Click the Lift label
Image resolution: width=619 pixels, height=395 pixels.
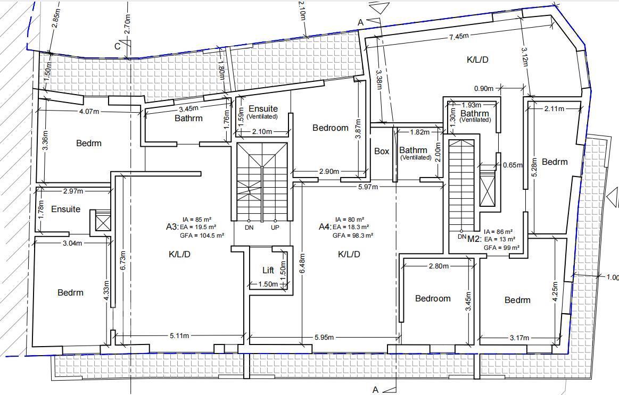pyautogui.click(x=268, y=270)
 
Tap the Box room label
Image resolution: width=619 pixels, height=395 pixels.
pyautogui.click(x=382, y=151)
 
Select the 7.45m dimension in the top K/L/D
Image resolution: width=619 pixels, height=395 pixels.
pyautogui.click(x=459, y=36)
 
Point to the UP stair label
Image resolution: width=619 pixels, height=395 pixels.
pyautogui.click(x=275, y=228)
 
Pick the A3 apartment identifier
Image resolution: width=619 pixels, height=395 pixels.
pyautogui.click(x=172, y=227)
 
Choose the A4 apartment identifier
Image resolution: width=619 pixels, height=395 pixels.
pyautogui.click(x=325, y=227)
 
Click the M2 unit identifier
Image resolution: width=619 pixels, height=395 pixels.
pyautogui.click(x=474, y=239)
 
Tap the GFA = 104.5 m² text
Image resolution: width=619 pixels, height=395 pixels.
pyautogui.click(x=202, y=236)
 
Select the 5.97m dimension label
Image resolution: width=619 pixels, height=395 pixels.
pyautogui.click(x=368, y=187)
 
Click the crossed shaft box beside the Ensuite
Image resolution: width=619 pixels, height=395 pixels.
pyautogui.click(x=103, y=222)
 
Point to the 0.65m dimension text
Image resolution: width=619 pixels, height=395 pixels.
pyautogui.click(x=513, y=165)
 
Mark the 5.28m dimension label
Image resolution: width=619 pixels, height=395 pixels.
pyautogui.click(x=535, y=170)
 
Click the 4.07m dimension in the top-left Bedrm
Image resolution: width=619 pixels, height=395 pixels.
pyautogui.click(x=89, y=112)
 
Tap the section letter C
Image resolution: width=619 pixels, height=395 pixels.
pyautogui.click(x=117, y=46)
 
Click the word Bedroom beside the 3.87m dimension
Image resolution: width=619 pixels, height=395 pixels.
pyautogui.click(x=331, y=128)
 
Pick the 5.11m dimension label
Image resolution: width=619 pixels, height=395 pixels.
pyautogui.click(x=179, y=336)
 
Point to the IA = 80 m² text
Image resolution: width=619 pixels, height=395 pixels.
pyautogui.click(x=350, y=220)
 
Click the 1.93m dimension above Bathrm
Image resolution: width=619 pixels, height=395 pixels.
pyautogui.click(x=472, y=105)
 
